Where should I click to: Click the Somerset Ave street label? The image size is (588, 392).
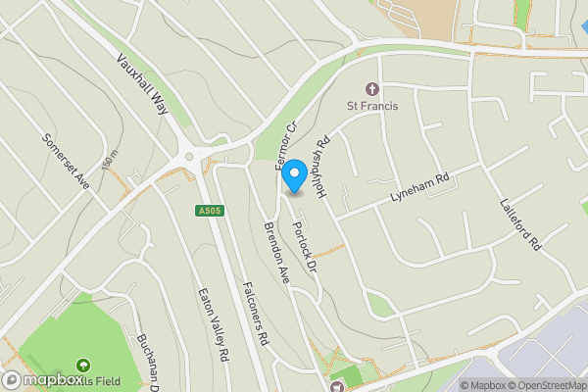(66, 160)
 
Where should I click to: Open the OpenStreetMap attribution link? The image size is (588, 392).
(542, 385)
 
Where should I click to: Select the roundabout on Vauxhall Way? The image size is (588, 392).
(189, 156)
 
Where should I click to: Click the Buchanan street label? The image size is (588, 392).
(148, 353)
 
